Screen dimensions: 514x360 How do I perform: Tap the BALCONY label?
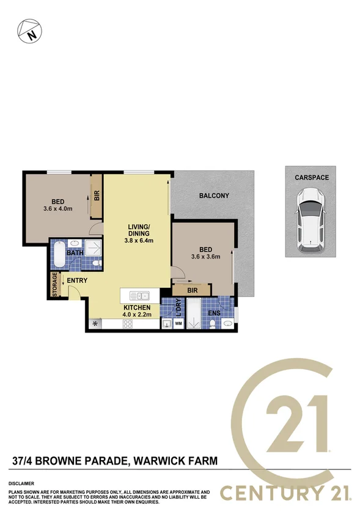coord(214,196)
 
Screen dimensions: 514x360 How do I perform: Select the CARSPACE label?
coord(312,177)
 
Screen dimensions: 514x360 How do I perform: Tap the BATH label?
coord(75,252)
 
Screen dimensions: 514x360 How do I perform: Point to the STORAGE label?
coord(55,285)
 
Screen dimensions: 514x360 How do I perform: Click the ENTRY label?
coord(78,281)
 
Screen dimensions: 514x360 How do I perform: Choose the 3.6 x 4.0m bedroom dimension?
coord(58,208)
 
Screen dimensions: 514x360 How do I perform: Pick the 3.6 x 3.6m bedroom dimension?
coord(205,256)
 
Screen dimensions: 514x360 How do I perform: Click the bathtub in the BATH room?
coord(59,255)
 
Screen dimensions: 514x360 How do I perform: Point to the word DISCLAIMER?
coord(21,483)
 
